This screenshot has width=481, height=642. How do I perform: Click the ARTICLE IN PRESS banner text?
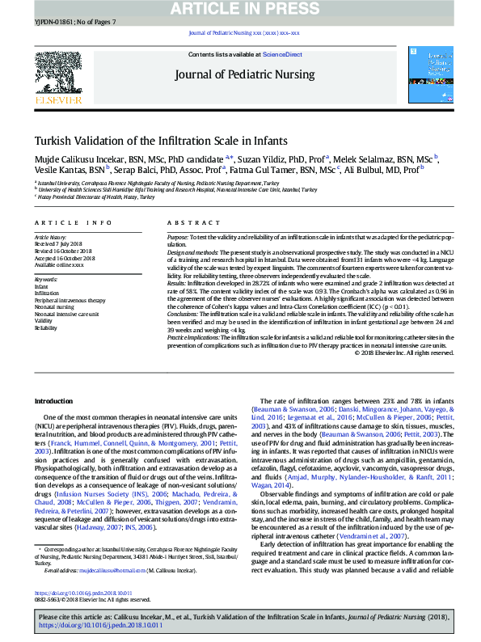pyautogui.click(x=240, y=9)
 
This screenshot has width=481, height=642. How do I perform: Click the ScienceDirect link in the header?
pyautogui.click(x=283, y=54)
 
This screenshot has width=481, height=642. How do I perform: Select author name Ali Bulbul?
pyautogui.click(x=378, y=171)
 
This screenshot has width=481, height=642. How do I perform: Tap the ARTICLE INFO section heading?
pyautogui.click(x=74, y=222)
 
